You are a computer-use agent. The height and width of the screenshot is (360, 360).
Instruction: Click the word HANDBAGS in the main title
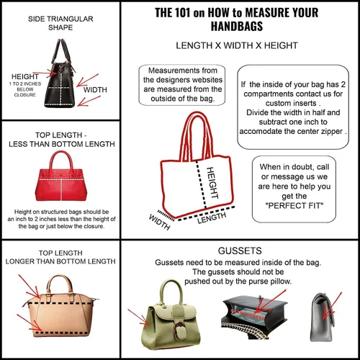pyautogui.click(x=237, y=26)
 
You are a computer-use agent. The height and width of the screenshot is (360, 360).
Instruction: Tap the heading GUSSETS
pyautogui.click(x=240, y=251)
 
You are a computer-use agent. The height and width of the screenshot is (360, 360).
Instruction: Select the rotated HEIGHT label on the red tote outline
pyautogui.click(x=212, y=183)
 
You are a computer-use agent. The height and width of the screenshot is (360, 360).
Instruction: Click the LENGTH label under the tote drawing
pyautogui.click(x=212, y=218)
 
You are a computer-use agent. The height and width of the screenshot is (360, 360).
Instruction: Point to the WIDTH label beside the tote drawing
pyautogui.click(x=160, y=222)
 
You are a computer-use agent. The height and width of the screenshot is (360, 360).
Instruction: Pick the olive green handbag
pyautogui.click(x=171, y=315)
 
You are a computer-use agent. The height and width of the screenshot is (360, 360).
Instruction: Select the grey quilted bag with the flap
pyautogui.click(x=322, y=317)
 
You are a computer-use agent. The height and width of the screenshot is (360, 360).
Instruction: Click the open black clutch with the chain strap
pyautogui.click(x=254, y=317)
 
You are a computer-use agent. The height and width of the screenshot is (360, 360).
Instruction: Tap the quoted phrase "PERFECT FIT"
pyautogui.click(x=294, y=206)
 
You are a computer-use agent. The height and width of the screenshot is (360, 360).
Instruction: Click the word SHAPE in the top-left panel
pyautogui.click(x=60, y=27)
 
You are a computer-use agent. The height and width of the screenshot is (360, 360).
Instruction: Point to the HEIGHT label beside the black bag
pyautogui.click(x=25, y=76)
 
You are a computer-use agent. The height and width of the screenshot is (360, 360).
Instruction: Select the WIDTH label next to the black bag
pyautogui.click(x=95, y=90)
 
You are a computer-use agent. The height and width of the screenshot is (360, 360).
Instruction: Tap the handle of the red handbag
pyautogui.click(x=61, y=161)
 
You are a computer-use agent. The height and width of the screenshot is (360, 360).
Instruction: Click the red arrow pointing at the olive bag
pyautogui.click(x=139, y=318)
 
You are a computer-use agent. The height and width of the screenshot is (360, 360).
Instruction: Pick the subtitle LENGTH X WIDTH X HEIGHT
pyautogui.click(x=237, y=45)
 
